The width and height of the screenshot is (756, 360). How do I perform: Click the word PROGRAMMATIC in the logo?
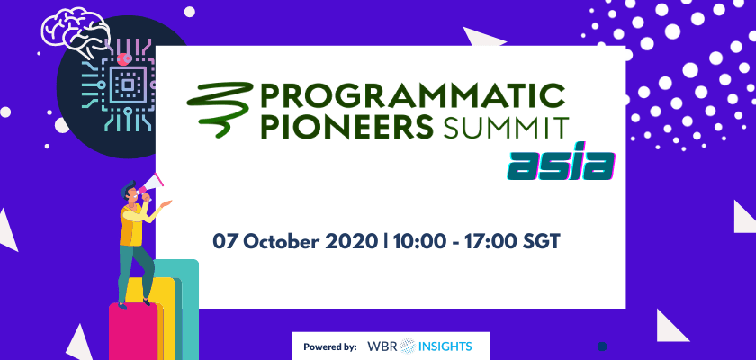413,96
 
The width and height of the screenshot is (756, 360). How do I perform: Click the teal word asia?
562,166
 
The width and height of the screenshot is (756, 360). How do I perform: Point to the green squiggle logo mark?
220,108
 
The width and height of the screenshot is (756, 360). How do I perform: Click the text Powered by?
330,346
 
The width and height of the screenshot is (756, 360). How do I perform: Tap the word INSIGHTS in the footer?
445,346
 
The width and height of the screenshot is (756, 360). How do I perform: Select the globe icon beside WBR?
408,346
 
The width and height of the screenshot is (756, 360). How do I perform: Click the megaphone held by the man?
150,187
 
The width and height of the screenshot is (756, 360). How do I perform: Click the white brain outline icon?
76,33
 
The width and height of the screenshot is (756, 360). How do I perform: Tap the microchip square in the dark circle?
127,85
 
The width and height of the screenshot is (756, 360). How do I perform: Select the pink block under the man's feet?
133,331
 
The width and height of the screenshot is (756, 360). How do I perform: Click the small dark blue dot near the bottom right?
602,346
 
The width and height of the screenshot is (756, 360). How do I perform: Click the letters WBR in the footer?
382,346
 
